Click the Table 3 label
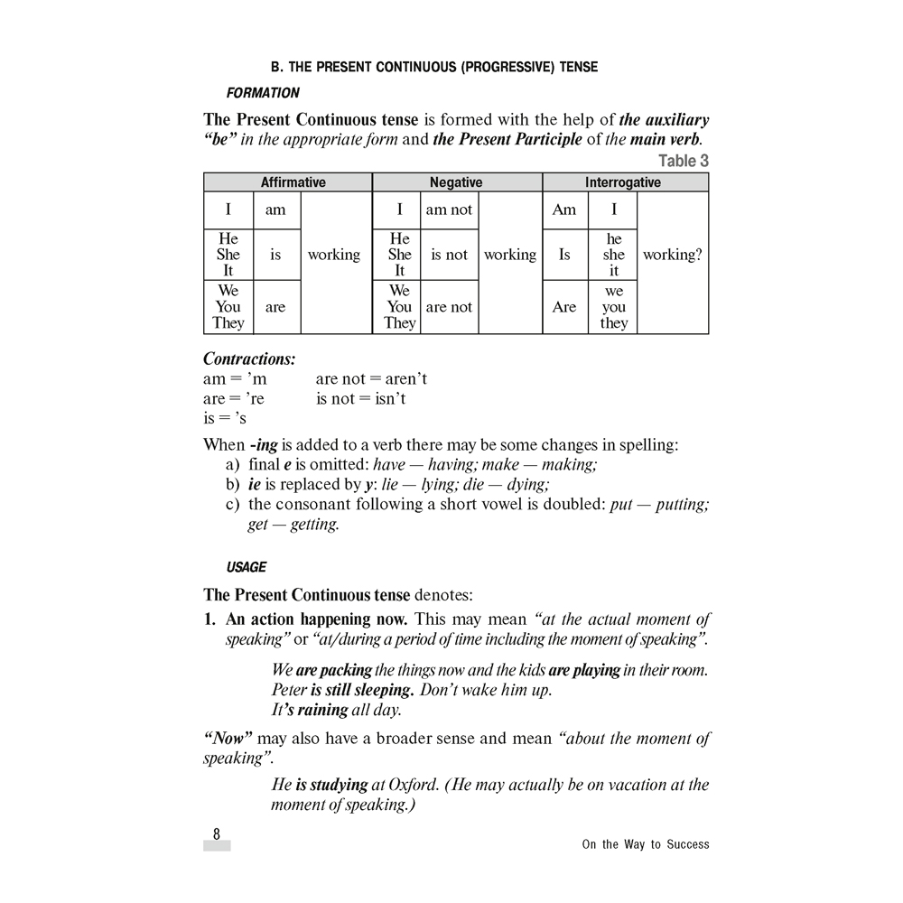pyautogui.click(x=684, y=161)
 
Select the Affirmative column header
pyautogui.click(x=293, y=182)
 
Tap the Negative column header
pyautogui.click(x=456, y=182)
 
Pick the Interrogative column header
pyautogui.click(x=623, y=182)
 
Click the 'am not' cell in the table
pyautogui.click(x=449, y=209)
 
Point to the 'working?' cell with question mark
pyautogui.click(x=672, y=255)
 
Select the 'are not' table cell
pyautogui.click(x=449, y=307)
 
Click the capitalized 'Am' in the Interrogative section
pyautogui.click(x=564, y=209)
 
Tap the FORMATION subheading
pyautogui.click(x=263, y=93)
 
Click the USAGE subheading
pyautogui.click(x=247, y=567)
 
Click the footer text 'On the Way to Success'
pyautogui.click(x=646, y=844)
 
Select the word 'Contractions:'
pyautogui.click(x=249, y=358)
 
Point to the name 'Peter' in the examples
pyautogui.click(x=289, y=690)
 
